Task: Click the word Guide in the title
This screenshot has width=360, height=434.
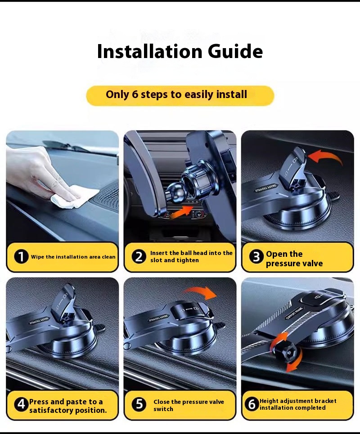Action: (x=235, y=51)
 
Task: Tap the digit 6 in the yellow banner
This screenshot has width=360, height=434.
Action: (x=135, y=94)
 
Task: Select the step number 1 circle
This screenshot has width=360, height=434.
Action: (x=21, y=257)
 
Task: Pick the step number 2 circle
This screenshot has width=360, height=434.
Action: (x=139, y=257)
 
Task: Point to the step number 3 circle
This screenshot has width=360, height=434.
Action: (x=256, y=257)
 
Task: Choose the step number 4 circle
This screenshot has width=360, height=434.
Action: (x=21, y=404)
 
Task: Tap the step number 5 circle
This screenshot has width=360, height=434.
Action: (x=139, y=404)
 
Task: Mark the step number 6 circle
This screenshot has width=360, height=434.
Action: (x=252, y=404)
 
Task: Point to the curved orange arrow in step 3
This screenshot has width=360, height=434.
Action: (x=324, y=156)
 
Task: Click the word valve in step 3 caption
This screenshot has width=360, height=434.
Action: (x=312, y=263)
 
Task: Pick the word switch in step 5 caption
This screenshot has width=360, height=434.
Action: (x=163, y=409)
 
